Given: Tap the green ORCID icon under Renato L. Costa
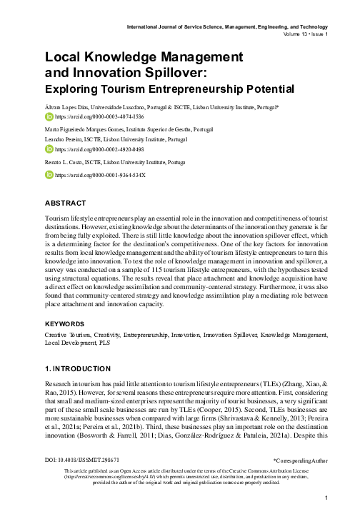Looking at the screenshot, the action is click(x=49, y=174).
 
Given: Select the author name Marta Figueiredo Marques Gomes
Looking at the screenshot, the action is click(x=80, y=129).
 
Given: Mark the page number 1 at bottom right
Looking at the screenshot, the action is click(x=326, y=498).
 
